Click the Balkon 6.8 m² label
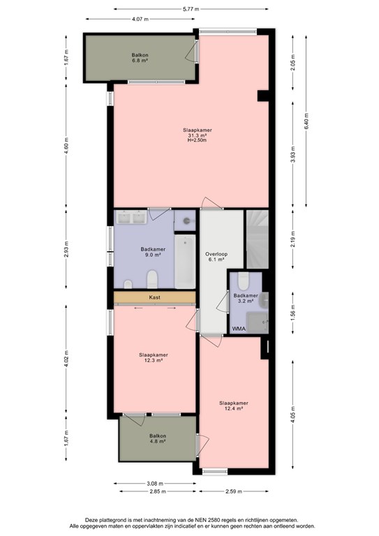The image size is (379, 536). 140,58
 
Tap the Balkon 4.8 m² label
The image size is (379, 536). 158,438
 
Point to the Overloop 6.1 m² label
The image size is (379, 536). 216,257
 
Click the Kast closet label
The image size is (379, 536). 154,297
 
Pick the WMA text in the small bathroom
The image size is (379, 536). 239,329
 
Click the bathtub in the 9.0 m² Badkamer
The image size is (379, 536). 185,262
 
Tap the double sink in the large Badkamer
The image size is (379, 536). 132,218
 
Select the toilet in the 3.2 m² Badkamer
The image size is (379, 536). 244,281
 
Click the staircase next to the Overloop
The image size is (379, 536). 258,239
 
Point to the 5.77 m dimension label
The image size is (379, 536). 191,9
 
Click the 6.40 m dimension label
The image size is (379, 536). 306,121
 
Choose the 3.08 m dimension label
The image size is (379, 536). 155,484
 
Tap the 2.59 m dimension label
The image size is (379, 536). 233,491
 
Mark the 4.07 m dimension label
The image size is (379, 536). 140,19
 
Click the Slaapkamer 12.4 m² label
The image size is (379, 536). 234,405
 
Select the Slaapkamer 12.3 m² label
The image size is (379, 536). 154,357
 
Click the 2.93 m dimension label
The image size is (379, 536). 66,249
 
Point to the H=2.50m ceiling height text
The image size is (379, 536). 198,140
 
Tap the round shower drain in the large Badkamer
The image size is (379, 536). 186,221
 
